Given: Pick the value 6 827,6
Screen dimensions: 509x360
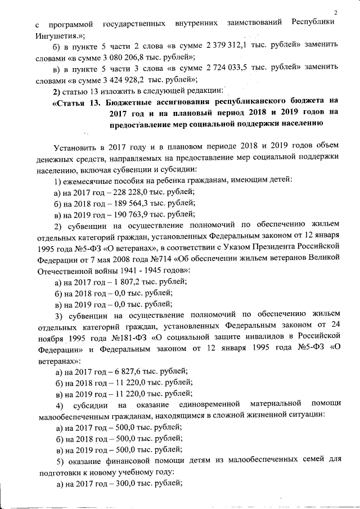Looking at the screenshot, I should [x=127, y=371].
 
